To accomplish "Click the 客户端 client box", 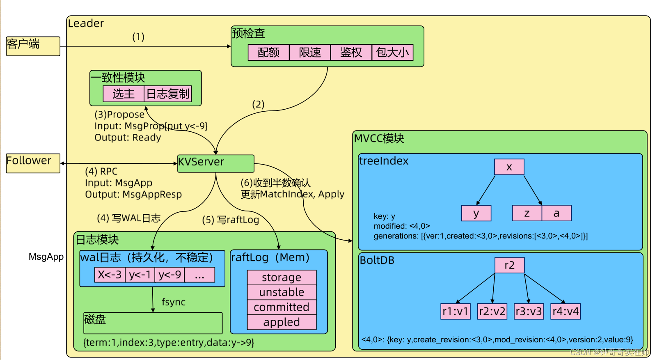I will coord(33,46).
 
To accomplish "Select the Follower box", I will coord(33,163).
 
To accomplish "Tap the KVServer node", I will coord(215,163).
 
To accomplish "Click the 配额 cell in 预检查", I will coord(268,53).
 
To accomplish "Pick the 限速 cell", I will coord(310,53).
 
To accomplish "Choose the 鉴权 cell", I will coord(351,53).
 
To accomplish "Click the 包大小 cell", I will coord(392,53).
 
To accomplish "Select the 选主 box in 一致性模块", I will coord(124,94).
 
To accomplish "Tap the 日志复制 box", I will coord(168,94).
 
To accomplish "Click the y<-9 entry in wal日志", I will coord(169,275).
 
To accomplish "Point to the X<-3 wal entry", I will coord(110,275).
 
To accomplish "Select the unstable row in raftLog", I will coord(282,292).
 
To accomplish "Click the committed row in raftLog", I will coord(282,307).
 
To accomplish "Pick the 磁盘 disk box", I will coord(153,323).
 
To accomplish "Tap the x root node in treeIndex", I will coord(509,167).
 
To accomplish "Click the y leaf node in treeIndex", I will coord(476,213).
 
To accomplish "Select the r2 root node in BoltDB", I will coord(509,265).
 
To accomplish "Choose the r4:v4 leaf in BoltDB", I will coord(566,311).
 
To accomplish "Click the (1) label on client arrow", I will coord(138,37).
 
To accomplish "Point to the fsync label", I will coord(173,302).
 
